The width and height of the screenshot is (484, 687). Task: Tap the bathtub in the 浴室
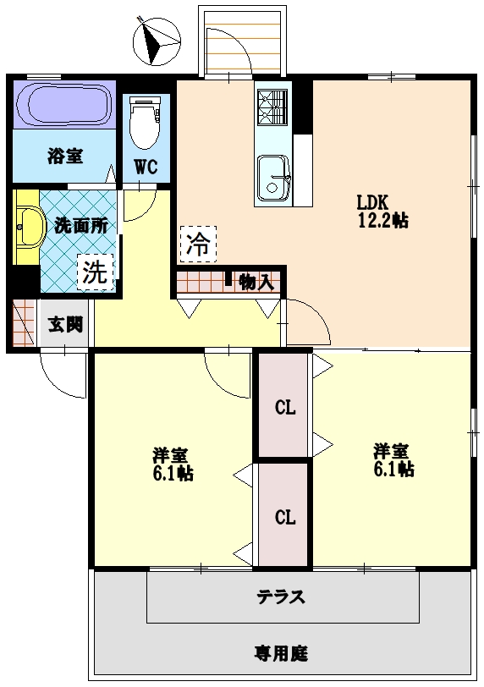(x=64, y=105)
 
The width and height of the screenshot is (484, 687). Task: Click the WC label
(x=146, y=167)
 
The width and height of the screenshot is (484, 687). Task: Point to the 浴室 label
(x=64, y=157)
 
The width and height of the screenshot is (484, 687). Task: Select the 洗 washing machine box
(x=96, y=272)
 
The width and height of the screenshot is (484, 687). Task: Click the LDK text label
(x=371, y=203)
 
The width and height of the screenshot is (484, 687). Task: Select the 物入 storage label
(x=255, y=282)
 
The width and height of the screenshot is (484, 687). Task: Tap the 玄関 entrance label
(x=64, y=324)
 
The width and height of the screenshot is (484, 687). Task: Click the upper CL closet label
(x=285, y=409)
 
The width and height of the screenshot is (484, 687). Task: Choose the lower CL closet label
(x=285, y=517)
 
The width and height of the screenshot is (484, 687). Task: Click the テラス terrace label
(x=281, y=596)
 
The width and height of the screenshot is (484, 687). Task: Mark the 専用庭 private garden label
(x=281, y=653)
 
